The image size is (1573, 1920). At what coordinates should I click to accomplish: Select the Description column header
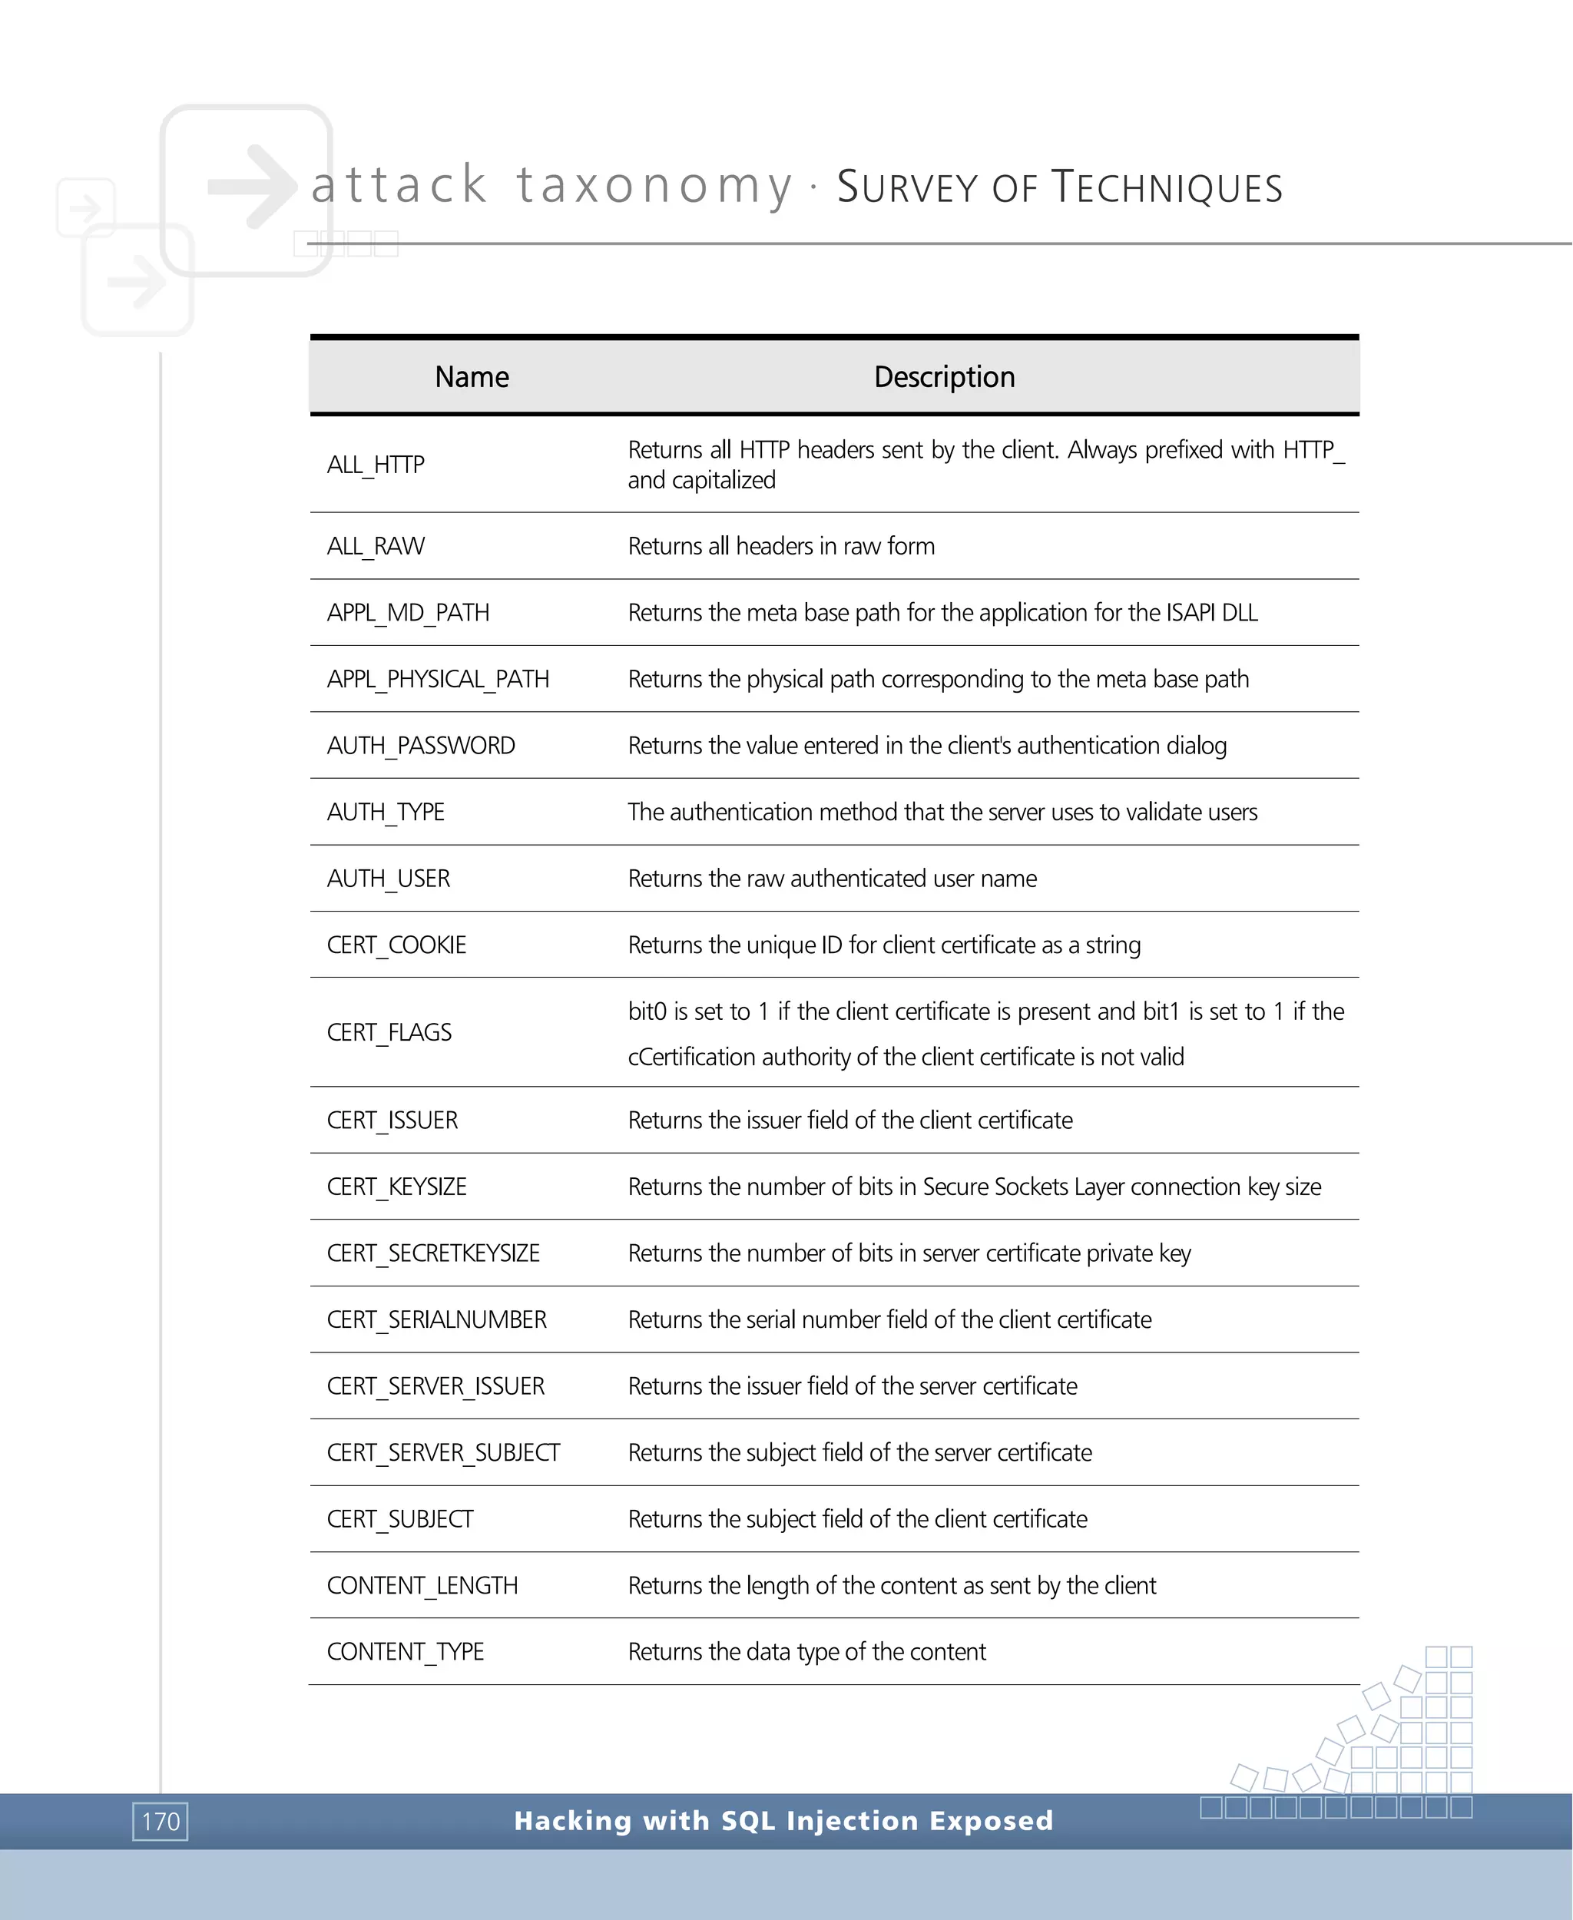pos(944,377)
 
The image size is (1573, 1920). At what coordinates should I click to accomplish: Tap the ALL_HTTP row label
pos(376,465)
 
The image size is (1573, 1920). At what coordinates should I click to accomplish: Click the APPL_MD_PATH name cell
pos(408,613)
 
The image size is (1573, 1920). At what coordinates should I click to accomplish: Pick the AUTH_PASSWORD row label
pos(420,746)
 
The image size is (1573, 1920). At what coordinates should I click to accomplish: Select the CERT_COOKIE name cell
pos(396,945)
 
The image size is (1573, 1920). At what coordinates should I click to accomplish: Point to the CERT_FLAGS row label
pos(389,1032)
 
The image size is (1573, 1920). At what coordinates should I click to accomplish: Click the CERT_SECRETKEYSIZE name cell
pos(433,1253)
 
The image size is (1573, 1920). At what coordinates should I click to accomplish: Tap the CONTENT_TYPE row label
pos(405,1652)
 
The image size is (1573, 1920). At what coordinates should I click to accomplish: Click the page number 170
pos(161,1821)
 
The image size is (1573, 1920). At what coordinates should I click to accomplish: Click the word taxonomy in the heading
pos(654,186)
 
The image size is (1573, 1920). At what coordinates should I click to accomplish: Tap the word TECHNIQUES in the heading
pos(1167,187)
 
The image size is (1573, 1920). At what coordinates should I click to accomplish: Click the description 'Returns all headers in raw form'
pos(781,546)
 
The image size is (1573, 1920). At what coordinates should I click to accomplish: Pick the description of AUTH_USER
pos(832,879)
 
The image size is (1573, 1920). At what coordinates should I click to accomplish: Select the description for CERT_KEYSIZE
pos(974,1187)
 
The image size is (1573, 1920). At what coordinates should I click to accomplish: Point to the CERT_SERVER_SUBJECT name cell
pos(443,1452)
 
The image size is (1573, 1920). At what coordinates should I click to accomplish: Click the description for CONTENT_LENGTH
pos(892,1586)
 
